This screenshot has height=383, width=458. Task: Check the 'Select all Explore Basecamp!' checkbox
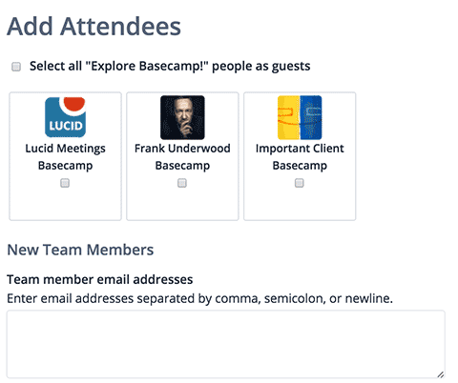click(x=16, y=67)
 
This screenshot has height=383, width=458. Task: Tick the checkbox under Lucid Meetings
click(x=65, y=183)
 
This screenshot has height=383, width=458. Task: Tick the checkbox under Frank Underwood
click(x=182, y=183)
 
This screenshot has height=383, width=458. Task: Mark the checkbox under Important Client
click(x=300, y=183)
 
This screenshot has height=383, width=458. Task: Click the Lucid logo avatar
click(x=66, y=117)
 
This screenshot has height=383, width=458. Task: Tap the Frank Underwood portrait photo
click(x=182, y=117)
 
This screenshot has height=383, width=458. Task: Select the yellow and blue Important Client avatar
click(x=300, y=117)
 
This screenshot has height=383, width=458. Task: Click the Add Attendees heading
click(x=94, y=27)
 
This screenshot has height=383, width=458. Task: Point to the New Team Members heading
click(x=80, y=250)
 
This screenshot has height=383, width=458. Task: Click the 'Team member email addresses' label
click(x=100, y=279)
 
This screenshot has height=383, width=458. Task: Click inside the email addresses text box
click(x=226, y=344)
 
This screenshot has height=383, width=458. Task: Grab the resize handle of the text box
click(x=441, y=374)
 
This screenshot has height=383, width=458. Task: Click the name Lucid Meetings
click(x=66, y=149)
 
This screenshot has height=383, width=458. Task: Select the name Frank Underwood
click(x=182, y=149)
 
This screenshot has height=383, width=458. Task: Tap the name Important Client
click(x=300, y=149)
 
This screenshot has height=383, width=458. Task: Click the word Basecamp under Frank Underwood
click(x=182, y=166)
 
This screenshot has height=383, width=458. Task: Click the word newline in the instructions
click(x=369, y=298)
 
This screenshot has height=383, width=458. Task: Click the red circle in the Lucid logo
click(x=74, y=103)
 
